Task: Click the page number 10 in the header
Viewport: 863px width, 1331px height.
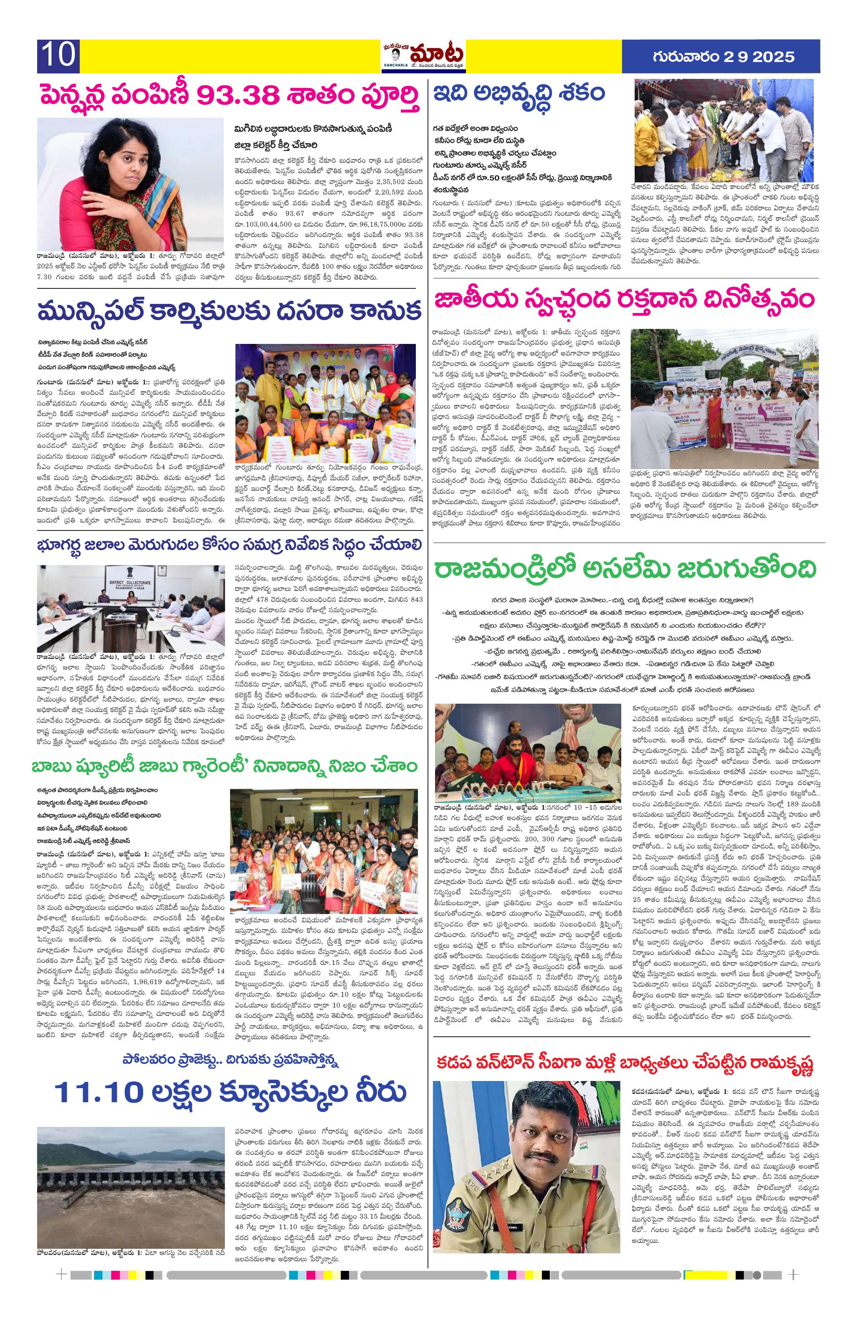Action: click(x=58, y=56)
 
